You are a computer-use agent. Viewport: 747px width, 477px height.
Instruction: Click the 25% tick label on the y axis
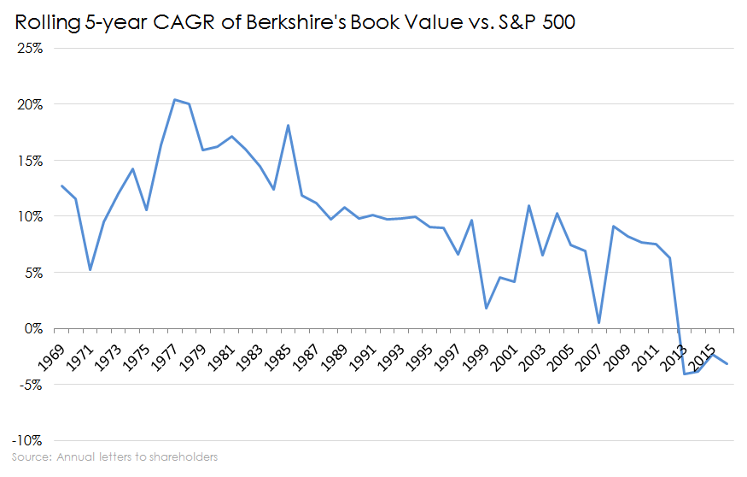(30, 48)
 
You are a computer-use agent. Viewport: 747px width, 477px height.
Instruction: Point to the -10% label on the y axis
(27, 440)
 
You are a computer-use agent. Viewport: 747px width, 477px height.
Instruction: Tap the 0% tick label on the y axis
(33, 328)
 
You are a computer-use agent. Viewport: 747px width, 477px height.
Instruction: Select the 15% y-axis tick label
(30, 160)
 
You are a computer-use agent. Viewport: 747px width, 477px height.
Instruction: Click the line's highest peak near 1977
(174, 99)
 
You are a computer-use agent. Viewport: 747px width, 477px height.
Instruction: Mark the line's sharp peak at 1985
(288, 126)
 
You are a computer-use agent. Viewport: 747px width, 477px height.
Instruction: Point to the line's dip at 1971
(90, 270)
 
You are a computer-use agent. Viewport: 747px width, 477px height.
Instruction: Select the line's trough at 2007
(599, 323)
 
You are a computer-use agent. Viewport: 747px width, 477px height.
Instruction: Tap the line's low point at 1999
(486, 308)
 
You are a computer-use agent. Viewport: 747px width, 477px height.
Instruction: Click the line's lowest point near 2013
(684, 374)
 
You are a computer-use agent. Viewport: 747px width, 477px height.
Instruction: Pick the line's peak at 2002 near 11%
(528, 205)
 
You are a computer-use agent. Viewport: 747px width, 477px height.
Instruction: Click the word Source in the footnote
(31, 457)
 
